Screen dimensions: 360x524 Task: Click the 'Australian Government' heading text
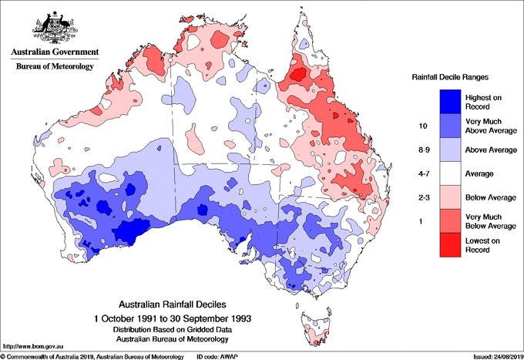[x=54, y=53]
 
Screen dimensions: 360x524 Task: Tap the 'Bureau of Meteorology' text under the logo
[x=54, y=67]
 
